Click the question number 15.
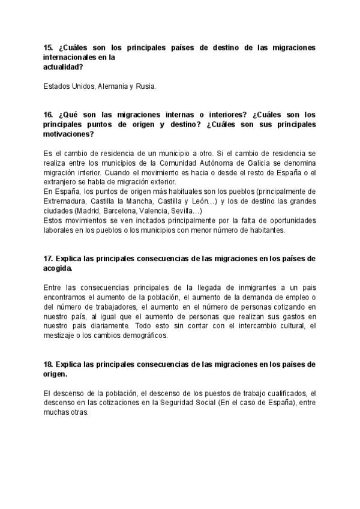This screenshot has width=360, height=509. (49, 47)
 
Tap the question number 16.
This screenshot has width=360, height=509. (49, 114)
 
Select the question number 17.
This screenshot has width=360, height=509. (49, 259)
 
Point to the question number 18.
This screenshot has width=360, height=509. (49, 364)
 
